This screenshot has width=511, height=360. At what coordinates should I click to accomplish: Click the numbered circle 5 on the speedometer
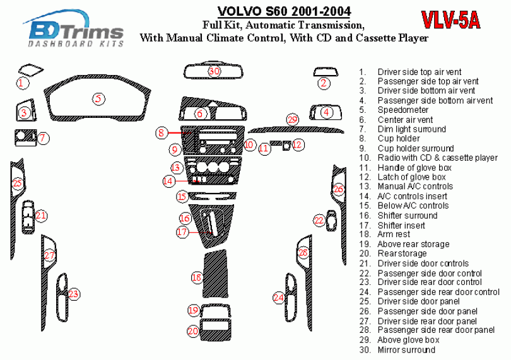(98, 98)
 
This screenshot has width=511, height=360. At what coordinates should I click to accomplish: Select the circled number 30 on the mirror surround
(214, 71)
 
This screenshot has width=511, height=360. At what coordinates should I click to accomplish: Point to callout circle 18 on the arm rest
(197, 277)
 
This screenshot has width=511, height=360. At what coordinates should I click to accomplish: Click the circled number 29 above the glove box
(291, 119)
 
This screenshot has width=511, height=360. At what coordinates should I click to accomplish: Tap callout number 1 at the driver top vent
(21, 83)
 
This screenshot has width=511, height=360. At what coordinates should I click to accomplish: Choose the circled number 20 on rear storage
(193, 330)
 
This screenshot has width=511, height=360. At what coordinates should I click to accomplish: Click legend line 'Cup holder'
(398, 139)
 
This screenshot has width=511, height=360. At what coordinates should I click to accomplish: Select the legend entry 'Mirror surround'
(406, 350)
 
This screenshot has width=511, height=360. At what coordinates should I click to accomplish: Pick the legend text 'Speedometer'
(402, 110)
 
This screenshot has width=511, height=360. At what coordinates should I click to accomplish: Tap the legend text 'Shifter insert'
(401, 225)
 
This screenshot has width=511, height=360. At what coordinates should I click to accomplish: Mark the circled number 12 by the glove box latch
(298, 144)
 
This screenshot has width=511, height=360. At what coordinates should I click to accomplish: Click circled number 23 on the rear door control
(74, 294)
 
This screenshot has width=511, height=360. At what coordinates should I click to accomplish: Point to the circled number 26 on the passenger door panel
(338, 189)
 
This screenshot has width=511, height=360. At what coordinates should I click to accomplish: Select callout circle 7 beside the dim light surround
(43, 138)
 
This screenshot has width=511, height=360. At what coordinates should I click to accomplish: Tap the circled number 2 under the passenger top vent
(324, 83)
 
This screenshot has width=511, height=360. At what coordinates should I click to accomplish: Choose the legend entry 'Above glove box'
(408, 340)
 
